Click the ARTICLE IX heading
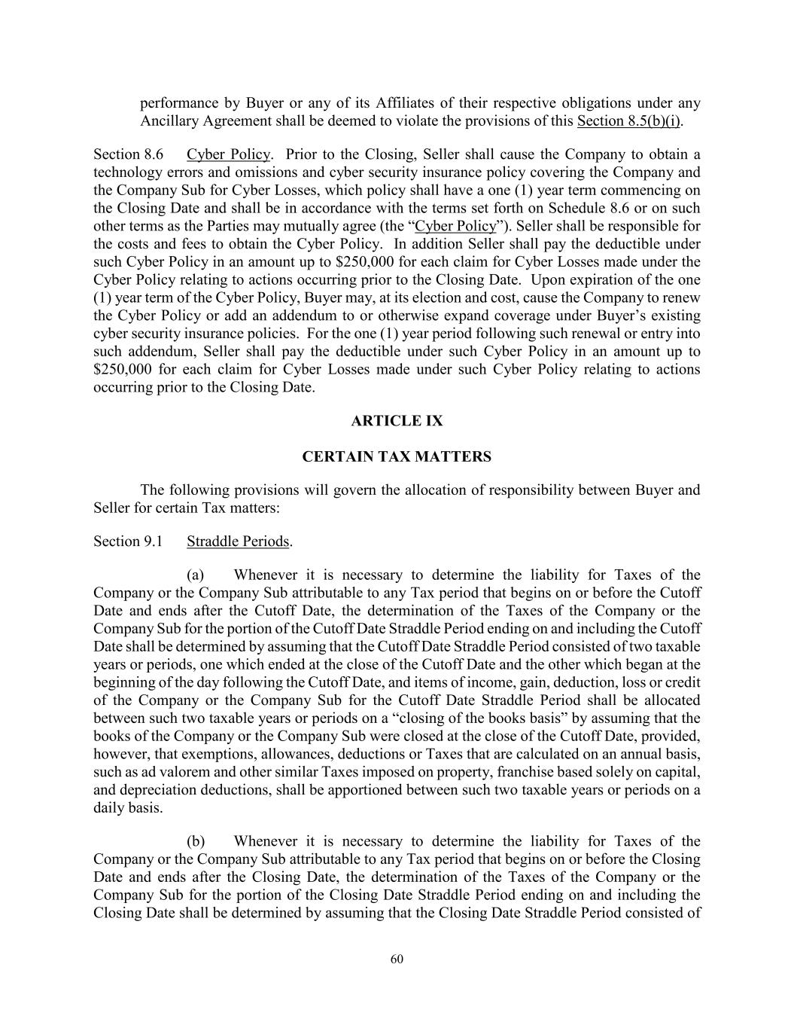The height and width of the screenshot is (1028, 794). click(x=397, y=421)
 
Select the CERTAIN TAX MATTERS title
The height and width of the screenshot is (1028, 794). click(x=397, y=456)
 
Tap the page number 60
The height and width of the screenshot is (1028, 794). click(x=397, y=959)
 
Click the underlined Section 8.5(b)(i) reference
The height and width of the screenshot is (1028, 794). click(x=629, y=121)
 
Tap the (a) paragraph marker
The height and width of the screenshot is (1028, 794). click(x=196, y=575)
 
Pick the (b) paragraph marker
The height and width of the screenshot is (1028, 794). click(x=196, y=841)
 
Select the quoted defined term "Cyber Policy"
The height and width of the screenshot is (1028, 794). click(x=456, y=226)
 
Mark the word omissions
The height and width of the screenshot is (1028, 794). click(x=266, y=172)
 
